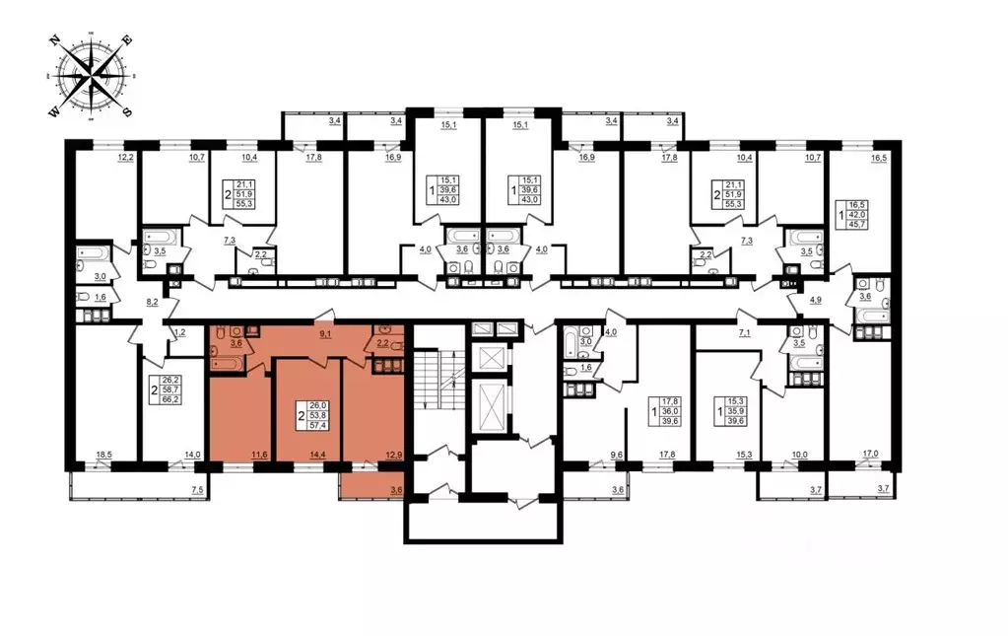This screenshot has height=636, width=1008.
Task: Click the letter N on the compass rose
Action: coord(56,40)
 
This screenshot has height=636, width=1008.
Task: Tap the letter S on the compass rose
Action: coord(127,111)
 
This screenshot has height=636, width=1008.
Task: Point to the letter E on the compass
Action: coord(127,40)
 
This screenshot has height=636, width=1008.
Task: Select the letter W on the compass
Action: coord(55,112)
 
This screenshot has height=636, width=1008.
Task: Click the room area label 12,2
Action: coord(125,157)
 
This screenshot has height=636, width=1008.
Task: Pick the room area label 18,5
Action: coord(103,455)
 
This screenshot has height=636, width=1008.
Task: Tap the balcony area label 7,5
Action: coord(197,491)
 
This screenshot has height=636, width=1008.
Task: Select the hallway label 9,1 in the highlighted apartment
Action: coord(325,334)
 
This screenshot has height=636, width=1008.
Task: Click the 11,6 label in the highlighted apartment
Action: coord(259,455)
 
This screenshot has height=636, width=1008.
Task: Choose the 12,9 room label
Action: coord(394,455)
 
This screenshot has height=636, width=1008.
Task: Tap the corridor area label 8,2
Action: coord(153,301)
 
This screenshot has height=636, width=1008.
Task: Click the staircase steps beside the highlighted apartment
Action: coord(437,379)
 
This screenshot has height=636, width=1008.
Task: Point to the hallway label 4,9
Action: coord(815,300)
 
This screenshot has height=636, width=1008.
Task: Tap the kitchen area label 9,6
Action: coord(617,455)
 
